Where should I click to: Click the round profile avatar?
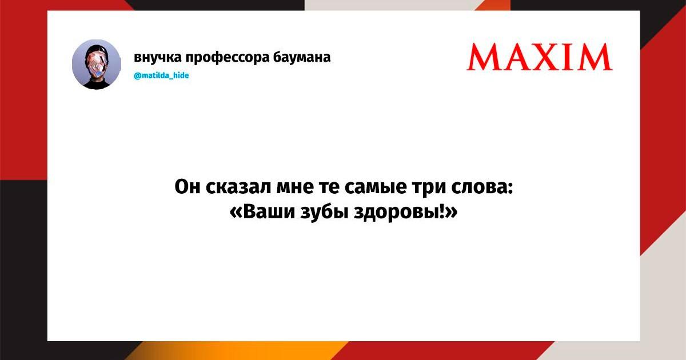coord(97,64)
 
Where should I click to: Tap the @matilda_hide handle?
coord(161,75)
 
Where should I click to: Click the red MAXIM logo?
coord(539,57)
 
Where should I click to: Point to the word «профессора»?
coord(228,58)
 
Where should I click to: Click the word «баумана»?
coord(302,57)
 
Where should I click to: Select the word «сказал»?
coord(238,187)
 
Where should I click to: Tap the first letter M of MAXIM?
coord(484,57)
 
